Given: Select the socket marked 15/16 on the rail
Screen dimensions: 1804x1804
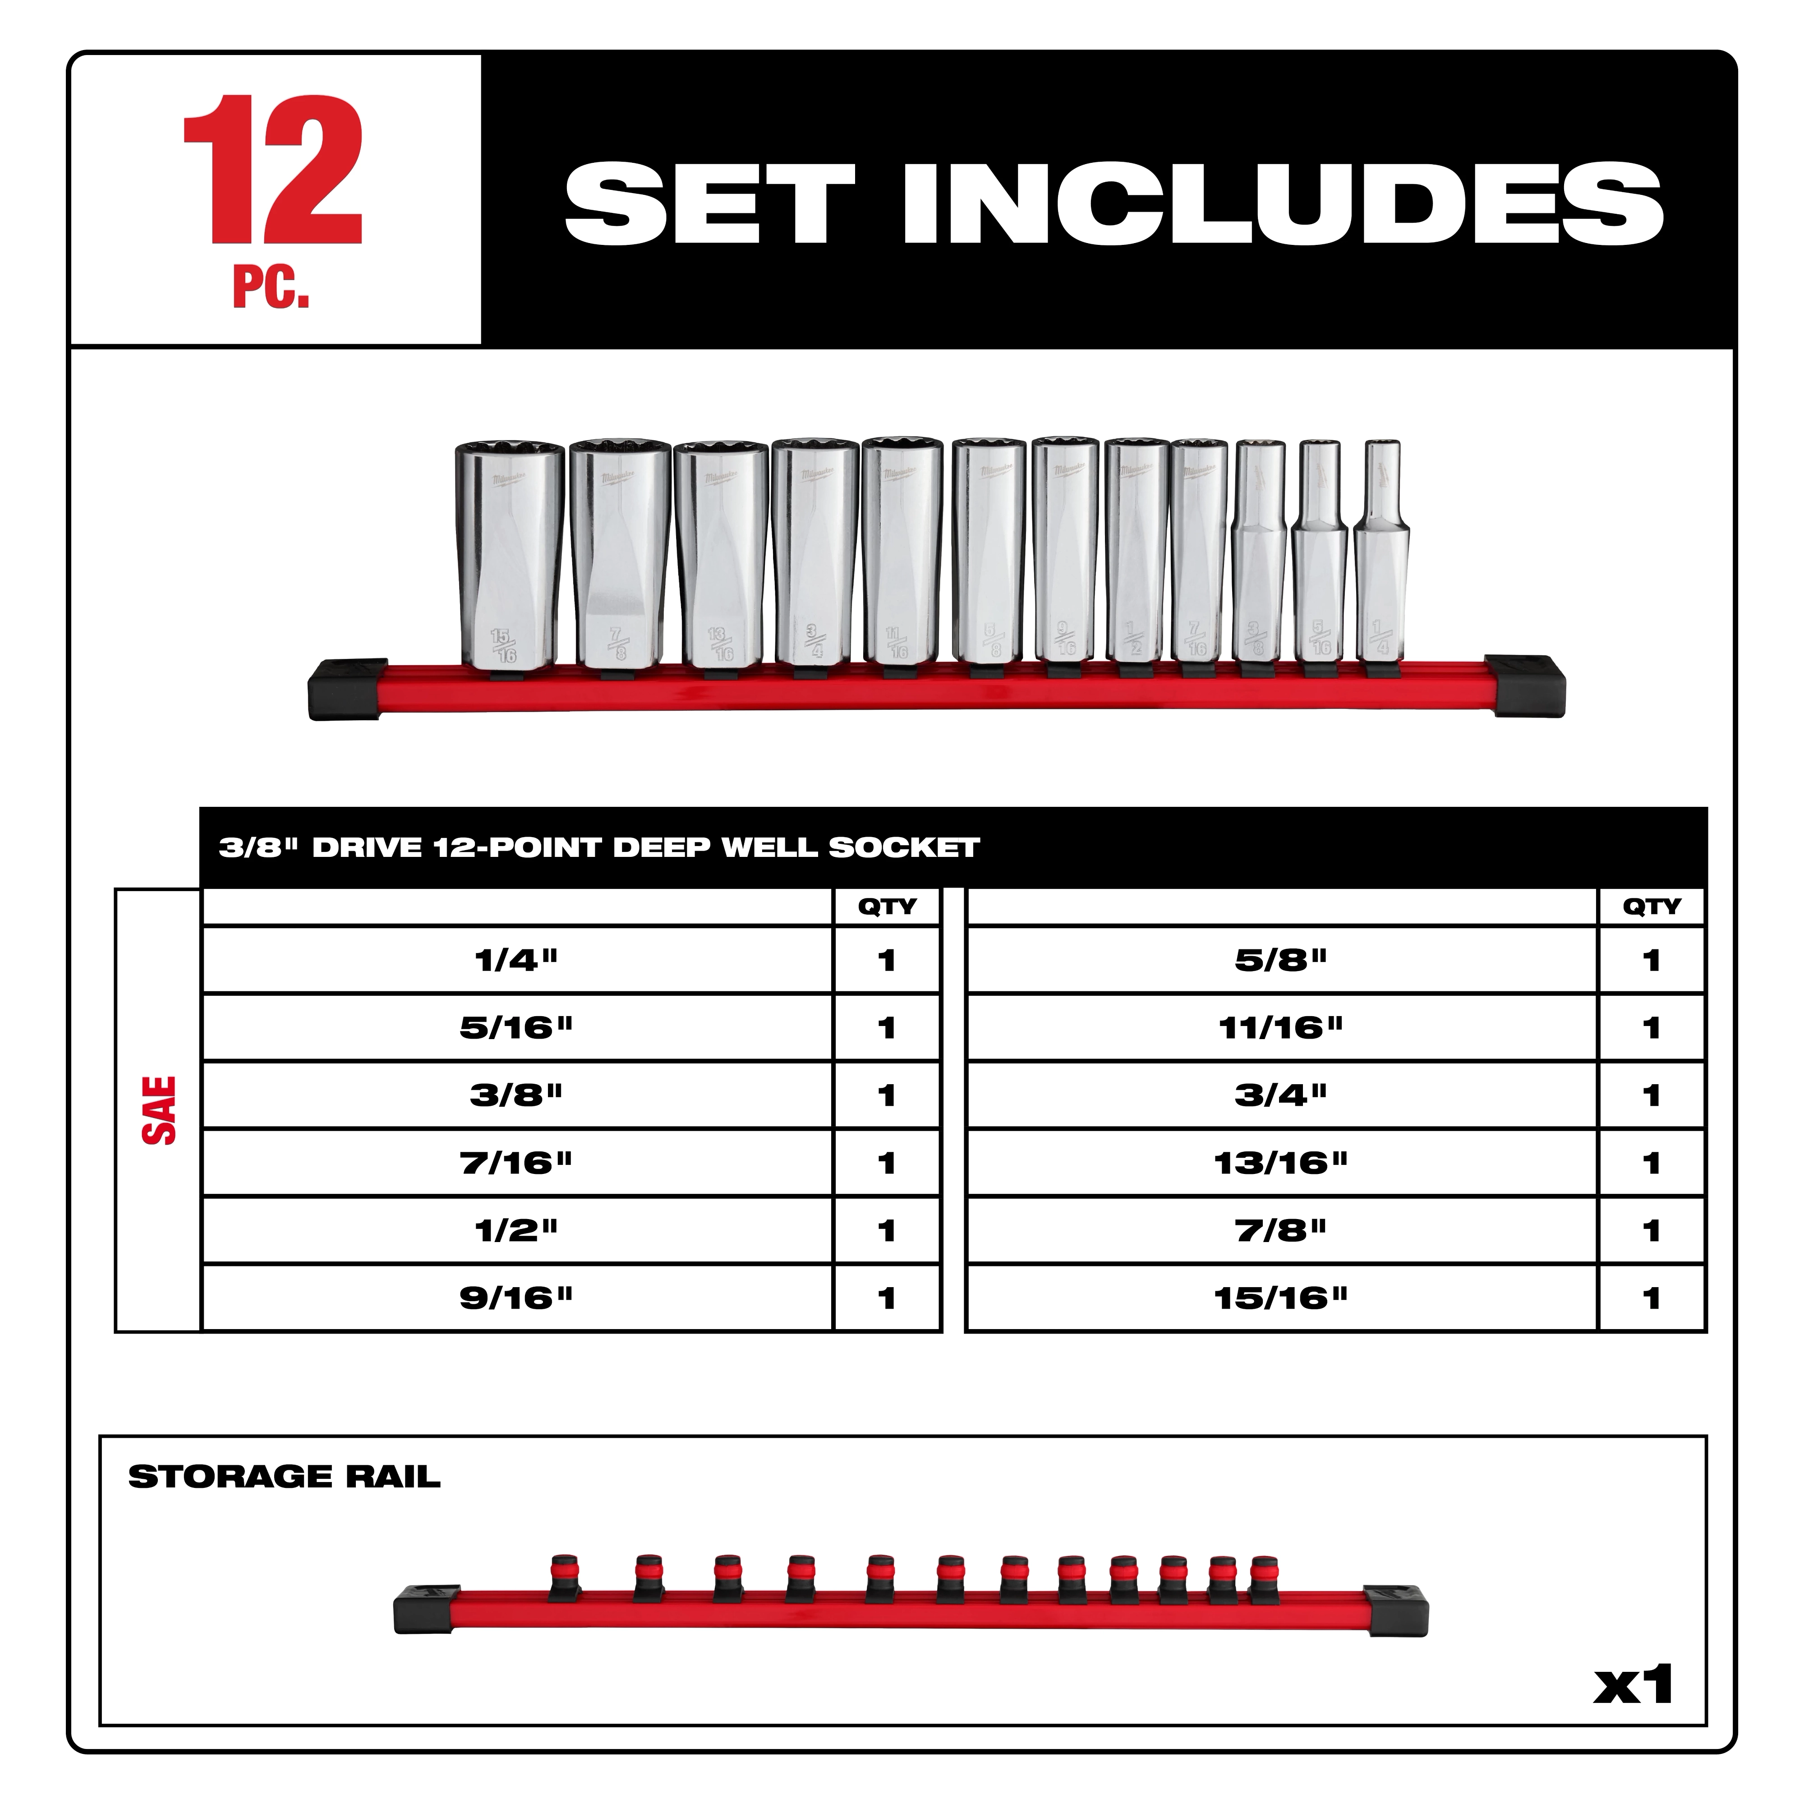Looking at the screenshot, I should pyautogui.click(x=509, y=557).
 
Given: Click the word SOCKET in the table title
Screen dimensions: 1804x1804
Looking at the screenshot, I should pyautogui.click(x=904, y=848).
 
